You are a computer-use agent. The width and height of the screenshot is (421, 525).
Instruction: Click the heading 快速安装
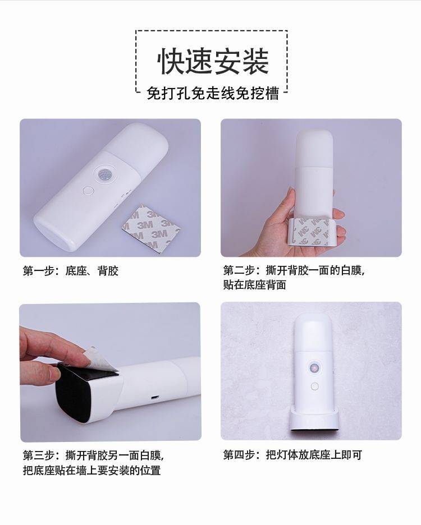pos(213,61)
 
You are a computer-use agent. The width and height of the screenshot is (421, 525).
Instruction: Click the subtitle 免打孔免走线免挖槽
pos(213,93)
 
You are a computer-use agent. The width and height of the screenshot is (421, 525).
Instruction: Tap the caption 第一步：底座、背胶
pos(71,270)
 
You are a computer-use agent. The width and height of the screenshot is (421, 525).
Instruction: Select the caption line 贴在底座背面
pos(255,284)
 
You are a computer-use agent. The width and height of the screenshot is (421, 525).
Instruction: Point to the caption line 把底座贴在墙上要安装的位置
pos(92,470)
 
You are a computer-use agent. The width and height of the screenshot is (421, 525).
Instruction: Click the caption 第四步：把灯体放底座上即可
pos(292,455)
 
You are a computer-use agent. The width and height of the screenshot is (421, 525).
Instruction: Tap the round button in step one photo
pos(88,191)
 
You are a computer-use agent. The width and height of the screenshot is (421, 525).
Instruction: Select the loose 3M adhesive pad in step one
pos(151,229)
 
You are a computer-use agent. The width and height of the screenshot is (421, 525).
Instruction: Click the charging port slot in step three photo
pos(155,398)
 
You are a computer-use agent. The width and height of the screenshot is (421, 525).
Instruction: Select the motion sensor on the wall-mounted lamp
pos(314,367)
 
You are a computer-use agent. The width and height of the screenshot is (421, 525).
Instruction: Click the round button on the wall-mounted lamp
pos(315,386)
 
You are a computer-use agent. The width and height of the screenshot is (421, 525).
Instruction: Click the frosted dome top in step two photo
pos(314,148)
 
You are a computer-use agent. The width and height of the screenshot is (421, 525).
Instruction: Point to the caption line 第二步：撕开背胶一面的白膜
pos(294,270)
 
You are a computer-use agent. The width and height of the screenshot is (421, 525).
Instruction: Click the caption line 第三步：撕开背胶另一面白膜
pos(93,455)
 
